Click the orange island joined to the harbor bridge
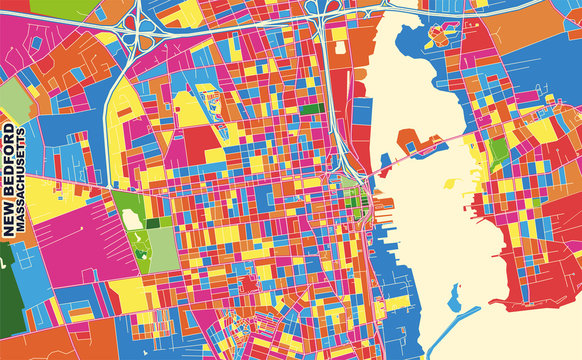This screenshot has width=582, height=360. coord(409,141)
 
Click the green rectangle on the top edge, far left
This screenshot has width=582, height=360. coord(51,6)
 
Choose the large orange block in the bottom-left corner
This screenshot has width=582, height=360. coord(40,340)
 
